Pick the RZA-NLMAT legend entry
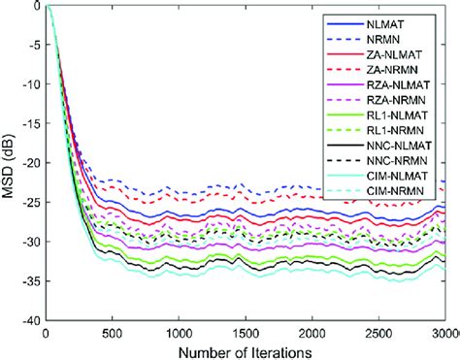pyautogui.click(x=408, y=85)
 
